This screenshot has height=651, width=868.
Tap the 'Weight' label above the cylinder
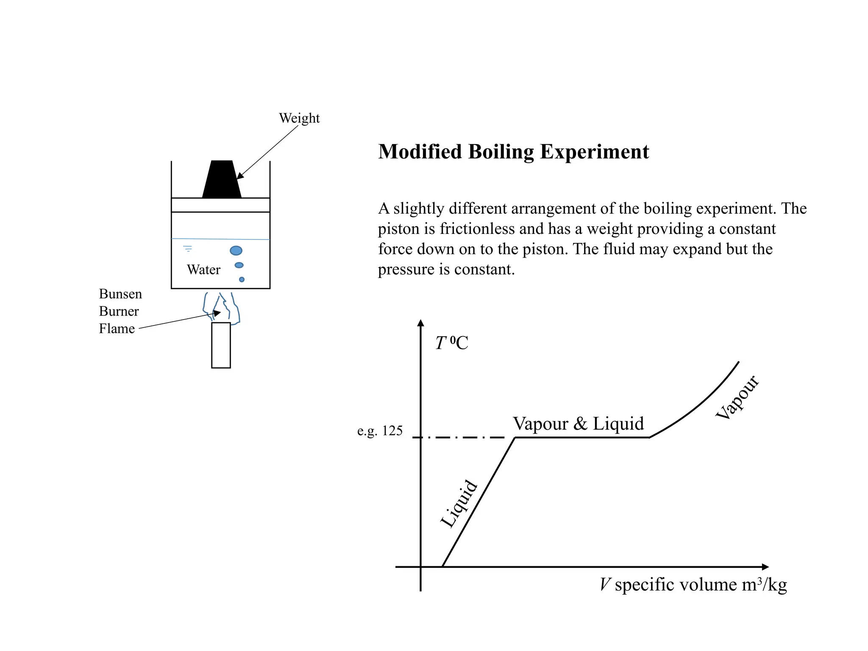299,118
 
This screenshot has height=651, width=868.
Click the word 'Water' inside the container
203,270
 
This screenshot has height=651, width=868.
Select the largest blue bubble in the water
236,250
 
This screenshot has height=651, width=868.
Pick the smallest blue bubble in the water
242,280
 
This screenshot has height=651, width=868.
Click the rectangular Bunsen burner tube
221,345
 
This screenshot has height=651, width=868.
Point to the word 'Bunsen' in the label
120,294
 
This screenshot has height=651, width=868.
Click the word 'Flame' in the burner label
117,328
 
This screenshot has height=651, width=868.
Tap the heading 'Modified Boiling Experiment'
513,152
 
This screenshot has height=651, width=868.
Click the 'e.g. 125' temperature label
380,431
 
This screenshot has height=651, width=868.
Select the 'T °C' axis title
452,343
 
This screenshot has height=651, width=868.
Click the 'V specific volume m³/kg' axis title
693,585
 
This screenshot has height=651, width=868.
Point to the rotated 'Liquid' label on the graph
459,504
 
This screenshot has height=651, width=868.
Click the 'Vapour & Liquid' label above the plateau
578,423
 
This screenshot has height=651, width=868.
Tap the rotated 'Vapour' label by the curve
737,398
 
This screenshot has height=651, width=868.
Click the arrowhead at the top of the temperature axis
420,323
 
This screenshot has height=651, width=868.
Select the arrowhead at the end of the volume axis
765,567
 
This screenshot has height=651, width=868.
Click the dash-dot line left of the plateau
462,437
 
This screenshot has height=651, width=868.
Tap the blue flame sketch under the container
222,307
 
